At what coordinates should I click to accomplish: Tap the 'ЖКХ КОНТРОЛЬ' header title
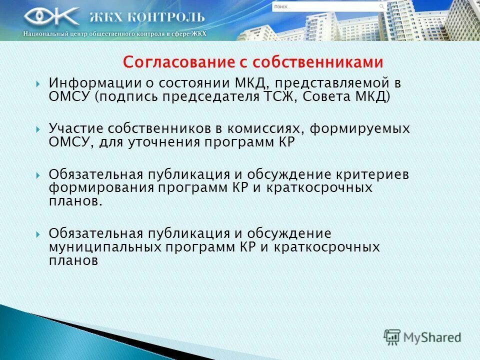pyautogui.click(x=147, y=17)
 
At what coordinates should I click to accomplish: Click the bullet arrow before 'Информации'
pyautogui.click(x=38, y=83)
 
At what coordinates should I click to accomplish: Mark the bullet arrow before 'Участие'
pyautogui.click(x=38, y=129)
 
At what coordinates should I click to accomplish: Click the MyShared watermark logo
pyautogui.click(x=422, y=337)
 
